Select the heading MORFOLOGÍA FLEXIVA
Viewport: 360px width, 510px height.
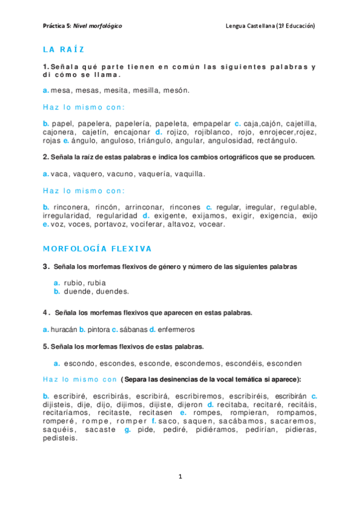[97, 248]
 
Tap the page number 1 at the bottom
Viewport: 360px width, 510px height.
[180, 476]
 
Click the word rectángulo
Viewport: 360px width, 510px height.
[276, 141]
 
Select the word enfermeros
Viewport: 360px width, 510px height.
[176, 330]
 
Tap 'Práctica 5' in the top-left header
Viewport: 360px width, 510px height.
[57, 26]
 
